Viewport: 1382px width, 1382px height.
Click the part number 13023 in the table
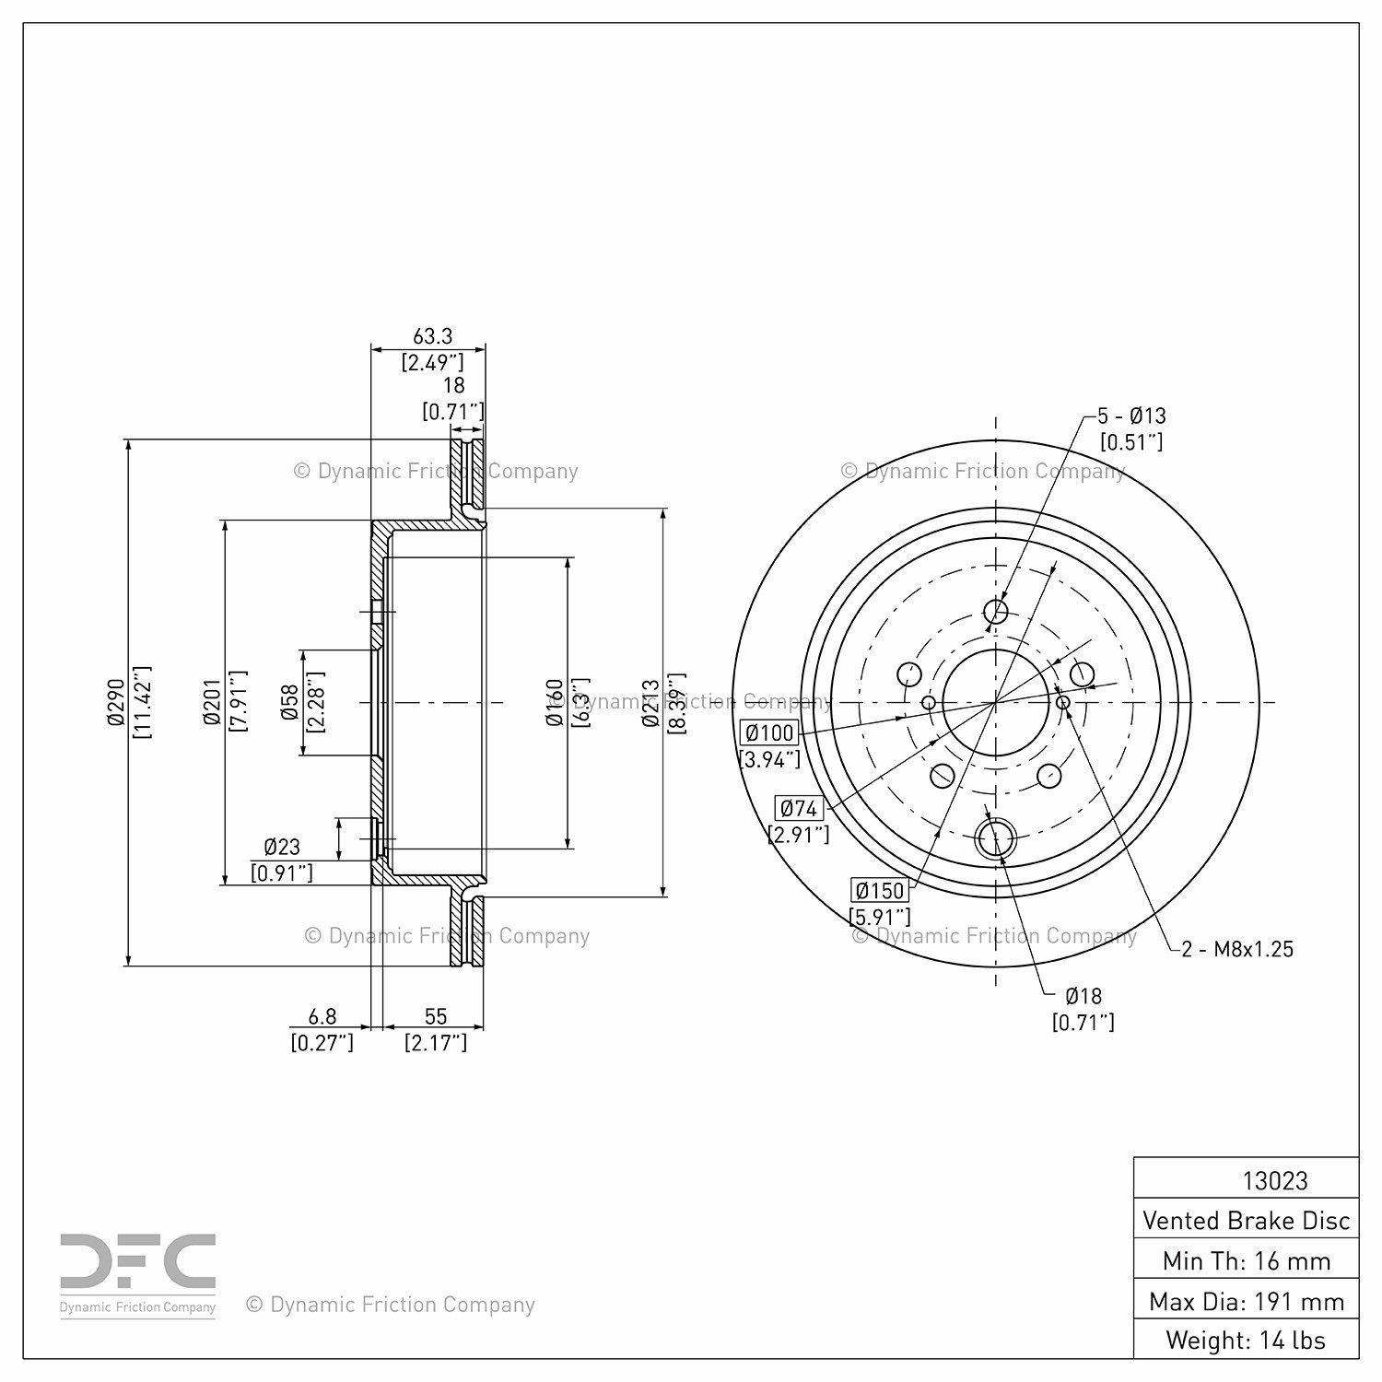coord(1275,1180)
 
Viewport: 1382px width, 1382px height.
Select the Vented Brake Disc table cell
coord(1246,1221)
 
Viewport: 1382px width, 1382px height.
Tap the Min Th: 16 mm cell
coord(1246,1260)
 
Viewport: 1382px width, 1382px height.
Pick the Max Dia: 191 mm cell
coord(1246,1301)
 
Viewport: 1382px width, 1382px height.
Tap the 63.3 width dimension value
coord(432,337)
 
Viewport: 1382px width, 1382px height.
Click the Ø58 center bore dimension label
coord(289,702)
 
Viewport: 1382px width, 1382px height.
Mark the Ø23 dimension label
coord(282,847)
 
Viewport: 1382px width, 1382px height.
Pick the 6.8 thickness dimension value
coord(322,1016)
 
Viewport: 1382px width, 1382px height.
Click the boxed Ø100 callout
coord(769,733)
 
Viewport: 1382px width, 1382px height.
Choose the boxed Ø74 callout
coord(799,809)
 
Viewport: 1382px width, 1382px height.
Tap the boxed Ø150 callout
coord(880,891)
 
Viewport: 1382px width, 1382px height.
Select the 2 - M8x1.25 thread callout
coord(1238,949)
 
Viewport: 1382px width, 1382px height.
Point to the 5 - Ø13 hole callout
coord(1131,416)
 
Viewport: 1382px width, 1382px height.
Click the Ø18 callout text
coord(1083,996)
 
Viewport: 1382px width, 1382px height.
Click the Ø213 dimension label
coord(650,702)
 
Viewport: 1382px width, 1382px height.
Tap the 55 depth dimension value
coord(436,1016)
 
